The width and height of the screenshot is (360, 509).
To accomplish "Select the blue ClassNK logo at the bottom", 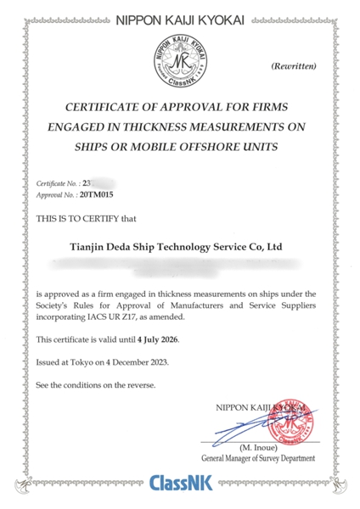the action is (x=179, y=486).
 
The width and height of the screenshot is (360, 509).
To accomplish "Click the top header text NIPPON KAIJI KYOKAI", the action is (x=179, y=16).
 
